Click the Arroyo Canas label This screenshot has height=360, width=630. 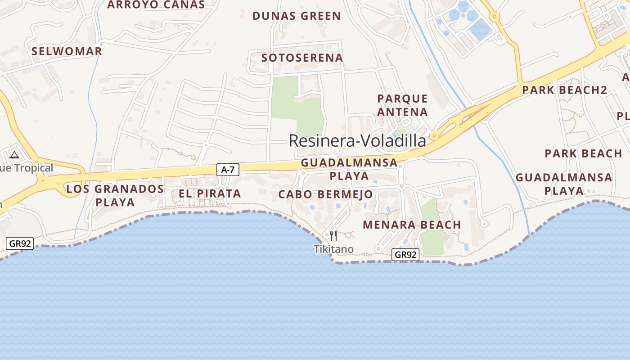156,5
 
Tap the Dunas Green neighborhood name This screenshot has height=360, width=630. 297,16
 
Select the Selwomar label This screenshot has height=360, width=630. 67,51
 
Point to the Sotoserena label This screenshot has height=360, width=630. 302,58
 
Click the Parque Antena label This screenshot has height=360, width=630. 403,105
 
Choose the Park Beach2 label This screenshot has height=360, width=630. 565,90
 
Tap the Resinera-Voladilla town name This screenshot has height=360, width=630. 357,141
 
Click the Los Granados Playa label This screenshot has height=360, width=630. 115,195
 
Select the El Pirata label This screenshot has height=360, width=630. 210,194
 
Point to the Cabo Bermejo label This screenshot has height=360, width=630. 325,194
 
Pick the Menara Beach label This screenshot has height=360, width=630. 412,225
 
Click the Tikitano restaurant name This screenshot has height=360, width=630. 333,249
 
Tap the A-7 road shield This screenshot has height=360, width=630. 228,170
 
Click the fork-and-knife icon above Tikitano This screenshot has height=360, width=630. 333,235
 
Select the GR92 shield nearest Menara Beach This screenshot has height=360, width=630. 405,255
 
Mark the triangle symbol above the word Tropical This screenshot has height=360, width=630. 14,155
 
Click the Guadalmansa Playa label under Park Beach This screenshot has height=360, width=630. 564,184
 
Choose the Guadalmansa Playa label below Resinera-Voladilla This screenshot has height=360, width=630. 349,169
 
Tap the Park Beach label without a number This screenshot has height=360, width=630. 583,153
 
